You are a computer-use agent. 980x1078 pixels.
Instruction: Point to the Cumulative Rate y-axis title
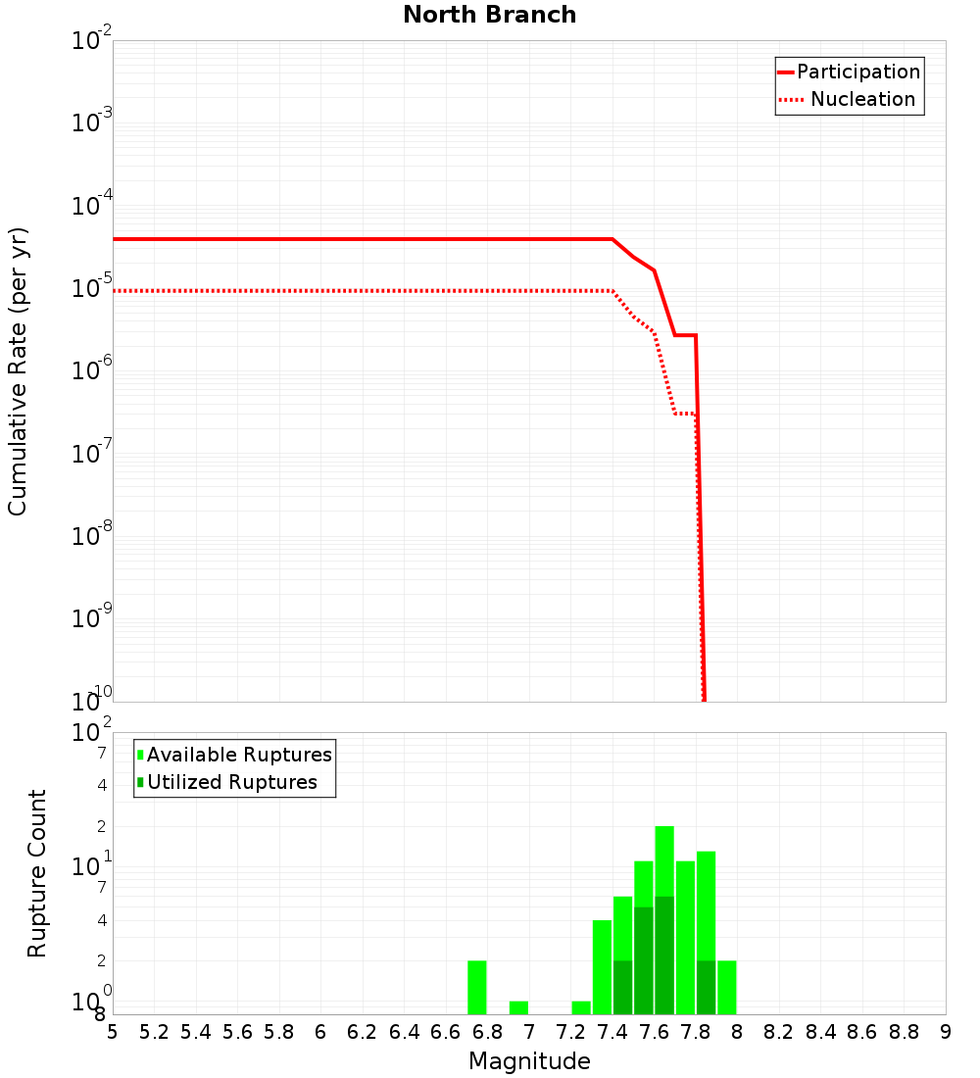click(x=18, y=370)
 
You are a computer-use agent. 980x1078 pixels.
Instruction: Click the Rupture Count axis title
click(x=37, y=873)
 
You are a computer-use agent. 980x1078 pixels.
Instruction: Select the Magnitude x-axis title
click(x=529, y=1061)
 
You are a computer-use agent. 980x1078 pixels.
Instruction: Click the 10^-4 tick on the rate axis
click(x=92, y=206)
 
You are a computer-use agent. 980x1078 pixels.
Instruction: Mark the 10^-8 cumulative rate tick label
click(x=92, y=536)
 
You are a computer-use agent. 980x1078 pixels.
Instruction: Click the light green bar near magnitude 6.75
click(x=477, y=988)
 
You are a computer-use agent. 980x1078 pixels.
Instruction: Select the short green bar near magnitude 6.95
click(x=518, y=1007)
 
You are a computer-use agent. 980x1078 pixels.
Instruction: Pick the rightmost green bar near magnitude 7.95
click(x=727, y=988)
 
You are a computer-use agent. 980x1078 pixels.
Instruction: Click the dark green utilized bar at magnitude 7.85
click(x=706, y=988)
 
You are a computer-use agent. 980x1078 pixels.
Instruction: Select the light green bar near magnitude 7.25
click(x=581, y=1007)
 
